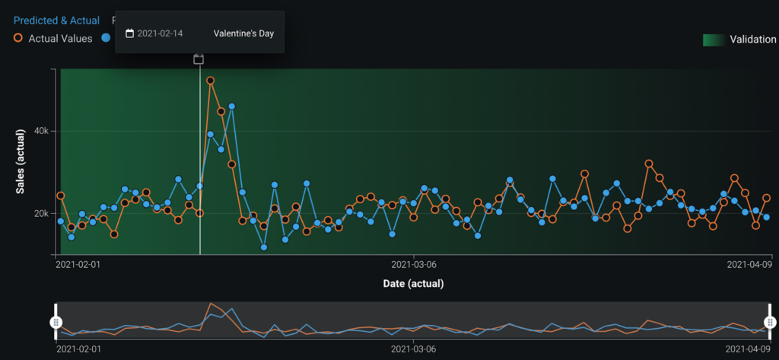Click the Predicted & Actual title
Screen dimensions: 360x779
(56, 20)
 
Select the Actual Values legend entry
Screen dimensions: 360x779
(59, 37)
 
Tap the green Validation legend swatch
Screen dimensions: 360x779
(713, 40)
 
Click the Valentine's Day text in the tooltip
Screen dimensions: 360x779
(243, 33)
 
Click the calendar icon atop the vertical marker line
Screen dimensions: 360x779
(199, 59)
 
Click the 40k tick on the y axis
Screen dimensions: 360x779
(40, 131)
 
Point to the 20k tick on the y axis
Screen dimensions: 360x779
(40, 213)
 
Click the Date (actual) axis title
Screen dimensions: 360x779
(413, 283)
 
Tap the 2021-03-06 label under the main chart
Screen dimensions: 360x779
(413, 265)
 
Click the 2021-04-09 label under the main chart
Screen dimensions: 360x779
(749, 265)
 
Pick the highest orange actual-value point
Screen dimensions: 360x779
(210, 80)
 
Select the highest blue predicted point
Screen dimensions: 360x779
(231, 107)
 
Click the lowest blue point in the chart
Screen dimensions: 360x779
(264, 247)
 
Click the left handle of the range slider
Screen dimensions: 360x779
(56, 322)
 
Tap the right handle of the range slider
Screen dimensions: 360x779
(769, 322)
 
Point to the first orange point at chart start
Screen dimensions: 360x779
(61, 196)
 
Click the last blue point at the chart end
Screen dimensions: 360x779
(766, 217)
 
